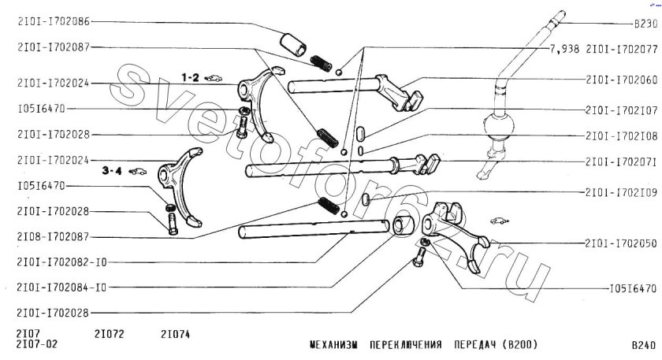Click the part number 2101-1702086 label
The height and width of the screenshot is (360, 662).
tap(54, 21)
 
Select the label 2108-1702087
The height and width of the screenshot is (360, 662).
tap(54, 237)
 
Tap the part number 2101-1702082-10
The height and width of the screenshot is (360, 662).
tap(61, 262)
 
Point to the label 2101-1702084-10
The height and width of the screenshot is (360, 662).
tap(61, 288)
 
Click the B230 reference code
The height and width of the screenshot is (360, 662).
tap(645, 24)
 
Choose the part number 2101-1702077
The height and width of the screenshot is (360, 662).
tap(622, 50)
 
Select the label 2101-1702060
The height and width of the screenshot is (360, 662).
tap(622, 80)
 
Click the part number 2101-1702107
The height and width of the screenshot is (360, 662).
tap(622, 110)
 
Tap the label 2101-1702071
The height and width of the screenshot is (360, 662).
tap(622, 161)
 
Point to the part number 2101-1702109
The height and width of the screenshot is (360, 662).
tap(622, 192)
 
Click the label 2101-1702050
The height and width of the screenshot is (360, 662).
tap(621, 243)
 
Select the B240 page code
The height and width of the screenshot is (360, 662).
tap(645, 345)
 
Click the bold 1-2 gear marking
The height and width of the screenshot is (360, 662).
tap(190, 78)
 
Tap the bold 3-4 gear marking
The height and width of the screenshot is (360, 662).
tap(112, 171)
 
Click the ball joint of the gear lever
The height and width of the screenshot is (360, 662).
tap(499, 126)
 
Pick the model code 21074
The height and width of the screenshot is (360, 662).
tap(175, 334)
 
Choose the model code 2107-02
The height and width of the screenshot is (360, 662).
tap(37, 344)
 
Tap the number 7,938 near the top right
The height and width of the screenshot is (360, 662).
tap(564, 50)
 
